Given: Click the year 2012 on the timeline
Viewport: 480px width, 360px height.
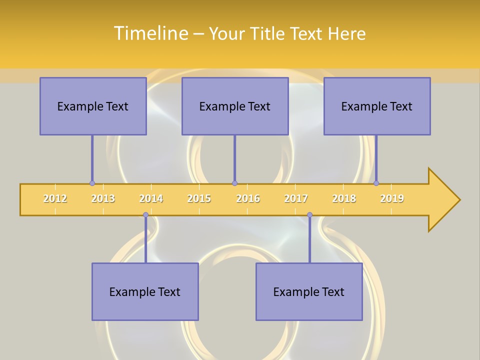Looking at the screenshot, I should click(x=55, y=198).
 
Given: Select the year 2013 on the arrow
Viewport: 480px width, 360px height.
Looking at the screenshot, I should click(x=103, y=198).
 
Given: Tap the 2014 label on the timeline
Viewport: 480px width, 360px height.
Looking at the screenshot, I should click(x=151, y=198).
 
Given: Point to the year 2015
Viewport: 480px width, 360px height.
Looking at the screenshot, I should click(x=199, y=198).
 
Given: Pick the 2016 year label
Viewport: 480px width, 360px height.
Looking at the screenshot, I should click(x=248, y=198).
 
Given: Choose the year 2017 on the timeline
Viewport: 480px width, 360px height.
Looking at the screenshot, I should click(x=296, y=198).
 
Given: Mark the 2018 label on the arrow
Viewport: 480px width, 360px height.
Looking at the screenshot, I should click(x=344, y=198).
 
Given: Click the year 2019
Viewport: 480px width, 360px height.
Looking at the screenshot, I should click(x=392, y=198).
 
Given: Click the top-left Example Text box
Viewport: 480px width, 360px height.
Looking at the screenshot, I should click(x=93, y=106).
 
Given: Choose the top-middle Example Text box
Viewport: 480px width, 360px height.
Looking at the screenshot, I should click(x=235, y=106).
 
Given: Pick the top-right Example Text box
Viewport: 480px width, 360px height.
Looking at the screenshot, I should click(x=377, y=106).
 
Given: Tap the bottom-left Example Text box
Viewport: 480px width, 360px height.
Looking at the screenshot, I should click(x=145, y=291).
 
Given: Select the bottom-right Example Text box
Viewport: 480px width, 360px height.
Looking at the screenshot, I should click(x=309, y=291).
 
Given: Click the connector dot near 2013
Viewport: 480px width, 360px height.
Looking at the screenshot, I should click(x=92, y=183).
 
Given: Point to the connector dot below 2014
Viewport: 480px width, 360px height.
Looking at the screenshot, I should click(x=145, y=215).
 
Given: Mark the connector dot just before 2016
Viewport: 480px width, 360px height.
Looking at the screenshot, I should click(x=234, y=183).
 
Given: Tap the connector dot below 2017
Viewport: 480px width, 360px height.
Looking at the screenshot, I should click(x=309, y=215).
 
